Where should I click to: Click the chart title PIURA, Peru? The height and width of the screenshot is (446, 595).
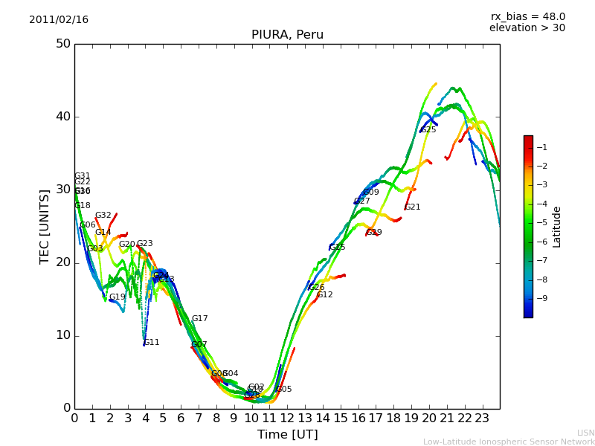pos(287,35)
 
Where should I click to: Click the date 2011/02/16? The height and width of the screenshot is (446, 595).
pos(59,20)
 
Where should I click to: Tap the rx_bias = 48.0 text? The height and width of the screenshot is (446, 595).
pos(527,17)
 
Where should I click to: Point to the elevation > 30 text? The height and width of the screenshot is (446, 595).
pos(527,28)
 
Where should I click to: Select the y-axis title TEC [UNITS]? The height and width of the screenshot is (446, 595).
pos(45,226)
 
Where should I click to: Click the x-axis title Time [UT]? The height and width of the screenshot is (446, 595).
pos(287,435)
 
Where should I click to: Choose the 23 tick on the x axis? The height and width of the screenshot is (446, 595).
pos(482,418)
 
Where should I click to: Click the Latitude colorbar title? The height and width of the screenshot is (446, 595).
pos(557,227)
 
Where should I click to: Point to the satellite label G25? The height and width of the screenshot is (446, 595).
pos(428,130)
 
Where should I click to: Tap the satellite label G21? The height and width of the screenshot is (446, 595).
pos(413,207)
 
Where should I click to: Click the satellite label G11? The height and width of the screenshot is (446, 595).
pos(152,343)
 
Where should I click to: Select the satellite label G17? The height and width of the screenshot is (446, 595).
pos(200,319)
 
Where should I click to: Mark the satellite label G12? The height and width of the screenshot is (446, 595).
pos(325,295)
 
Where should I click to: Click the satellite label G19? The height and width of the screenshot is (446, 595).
pos(118,297)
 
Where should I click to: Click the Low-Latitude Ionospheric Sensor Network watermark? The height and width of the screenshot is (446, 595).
pos(509,442)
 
